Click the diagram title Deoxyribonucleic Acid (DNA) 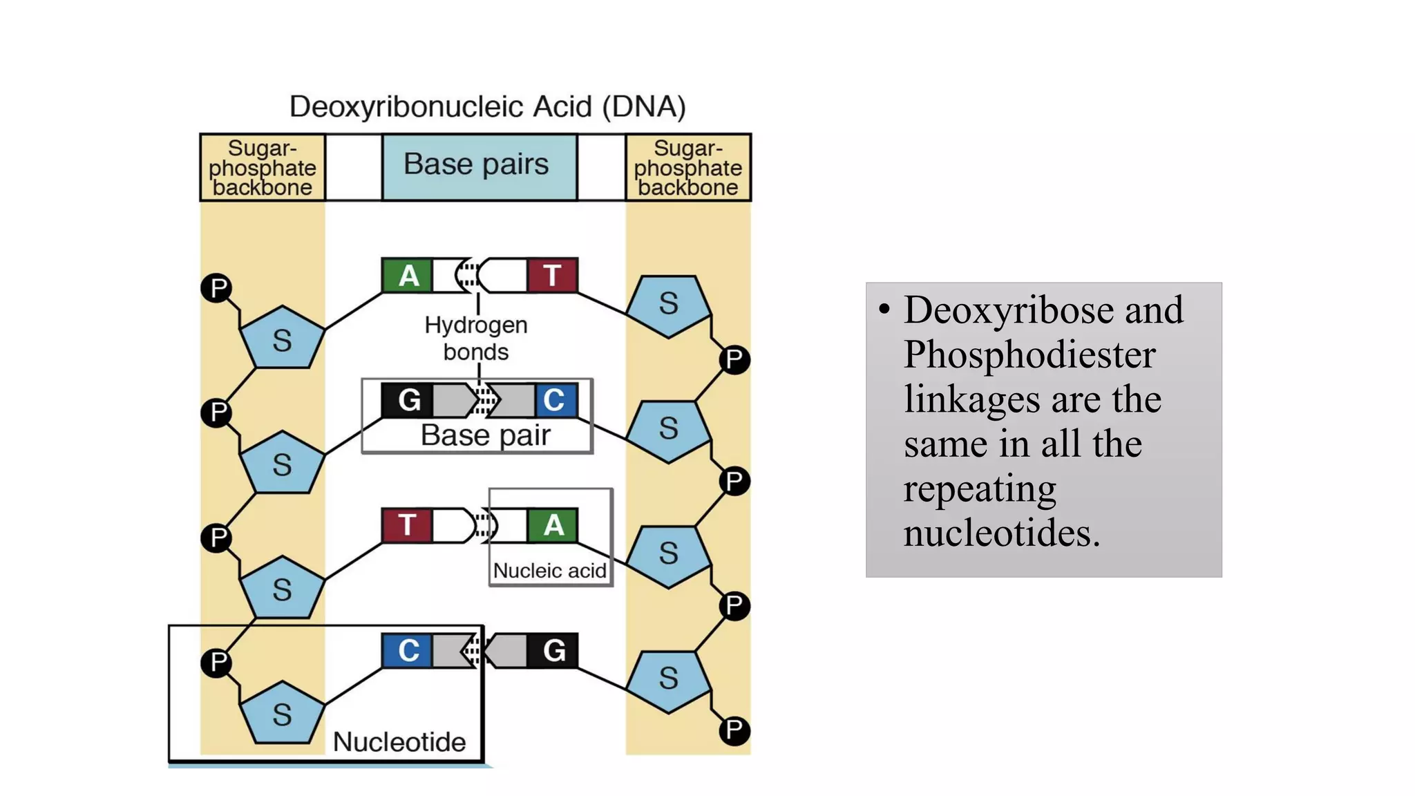pyautogui.click(x=487, y=107)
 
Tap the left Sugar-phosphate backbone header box pyautogui.click(x=263, y=168)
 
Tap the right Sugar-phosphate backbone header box pyautogui.click(x=688, y=168)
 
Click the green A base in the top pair pyautogui.click(x=408, y=276)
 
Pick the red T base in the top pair pyautogui.click(x=552, y=276)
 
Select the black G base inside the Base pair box pyautogui.click(x=408, y=400)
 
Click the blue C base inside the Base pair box pyautogui.click(x=555, y=400)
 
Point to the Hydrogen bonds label pyautogui.click(x=476, y=338)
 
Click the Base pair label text pyautogui.click(x=486, y=436)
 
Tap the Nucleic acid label pyautogui.click(x=549, y=571)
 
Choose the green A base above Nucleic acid pyautogui.click(x=553, y=526)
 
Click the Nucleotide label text pyautogui.click(x=399, y=742)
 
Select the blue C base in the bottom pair pyautogui.click(x=408, y=651)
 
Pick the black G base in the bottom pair pyautogui.click(x=553, y=651)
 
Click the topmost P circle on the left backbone pyautogui.click(x=217, y=287)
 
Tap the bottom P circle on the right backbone pyautogui.click(x=734, y=730)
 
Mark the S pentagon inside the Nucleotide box pyautogui.click(x=282, y=714)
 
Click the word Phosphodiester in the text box pyautogui.click(x=1029, y=354)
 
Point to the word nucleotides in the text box pyautogui.click(x=1002, y=533)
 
